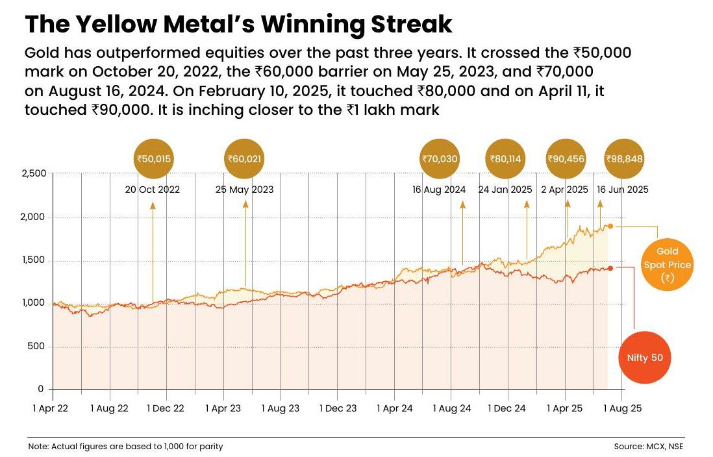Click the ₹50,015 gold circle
click(x=155, y=158)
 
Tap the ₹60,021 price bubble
click(x=245, y=158)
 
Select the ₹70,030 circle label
click(x=440, y=158)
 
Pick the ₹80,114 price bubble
click(x=506, y=158)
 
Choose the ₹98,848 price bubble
click(x=625, y=158)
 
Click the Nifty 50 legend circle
click(x=644, y=358)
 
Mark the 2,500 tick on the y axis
click(x=34, y=173)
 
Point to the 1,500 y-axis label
click(x=34, y=260)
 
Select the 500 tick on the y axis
click(x=36, y=346)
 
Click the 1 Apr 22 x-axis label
click(x=52, y=408)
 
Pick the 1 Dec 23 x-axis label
click(x=338, y=408)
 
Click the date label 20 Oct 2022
click(x=153, y=190)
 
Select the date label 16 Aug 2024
click(x=439, y=190)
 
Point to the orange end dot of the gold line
click(x=610, y=226)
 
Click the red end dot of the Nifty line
click(x=610, y=268)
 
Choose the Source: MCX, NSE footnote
click(x=649, y=447)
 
